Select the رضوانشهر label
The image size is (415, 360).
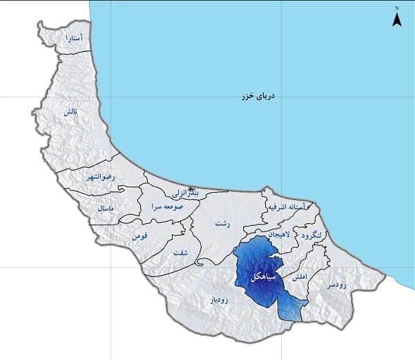coord(102,178)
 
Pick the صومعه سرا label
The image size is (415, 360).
coord(168,206)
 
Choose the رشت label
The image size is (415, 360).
coord(222,224)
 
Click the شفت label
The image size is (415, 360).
coord(181,252)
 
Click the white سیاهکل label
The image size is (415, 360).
coord(267,275)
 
